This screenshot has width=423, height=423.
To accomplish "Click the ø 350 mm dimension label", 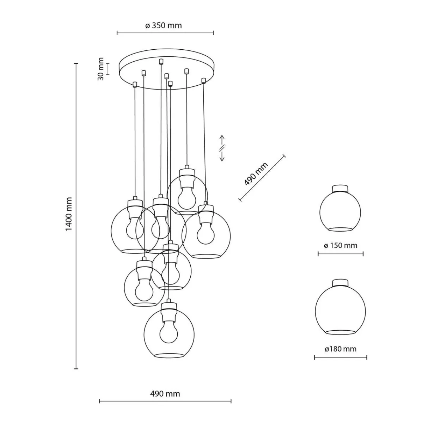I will (163, 25).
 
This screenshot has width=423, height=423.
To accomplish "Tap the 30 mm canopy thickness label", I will (101, 69).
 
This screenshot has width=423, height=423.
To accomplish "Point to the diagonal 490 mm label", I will (256, 174).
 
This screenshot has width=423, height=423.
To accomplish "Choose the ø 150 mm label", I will (340, 245).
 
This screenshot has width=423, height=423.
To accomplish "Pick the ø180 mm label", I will (341, 349).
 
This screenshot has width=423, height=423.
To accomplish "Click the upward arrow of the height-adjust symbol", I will (222, 139).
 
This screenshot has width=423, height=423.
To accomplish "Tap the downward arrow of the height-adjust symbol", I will (222, 157).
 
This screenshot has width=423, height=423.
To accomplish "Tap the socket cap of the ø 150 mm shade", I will (340, 188).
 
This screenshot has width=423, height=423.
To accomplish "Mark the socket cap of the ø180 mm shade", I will (340, 283).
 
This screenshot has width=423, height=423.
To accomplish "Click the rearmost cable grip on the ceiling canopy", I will (161, 62).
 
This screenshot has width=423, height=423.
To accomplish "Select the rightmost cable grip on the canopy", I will (203, 80).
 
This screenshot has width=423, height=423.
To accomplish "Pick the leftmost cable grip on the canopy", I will (135, 85).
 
